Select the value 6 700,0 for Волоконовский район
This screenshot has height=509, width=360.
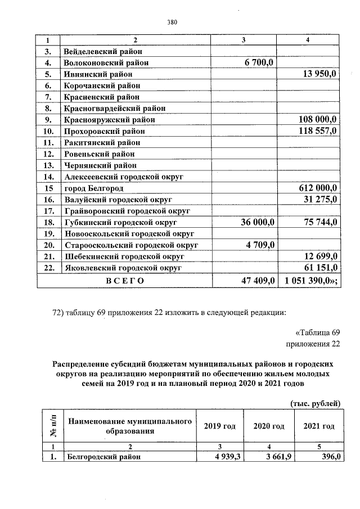click(x=259, y=62)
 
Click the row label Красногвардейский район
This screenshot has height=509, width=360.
click(x=115, y=108)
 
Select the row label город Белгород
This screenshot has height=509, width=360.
click(x=94, y=188)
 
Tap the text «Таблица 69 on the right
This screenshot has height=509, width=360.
click(x=317, y=331)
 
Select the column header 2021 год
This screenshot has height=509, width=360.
click(x=319, y=426)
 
